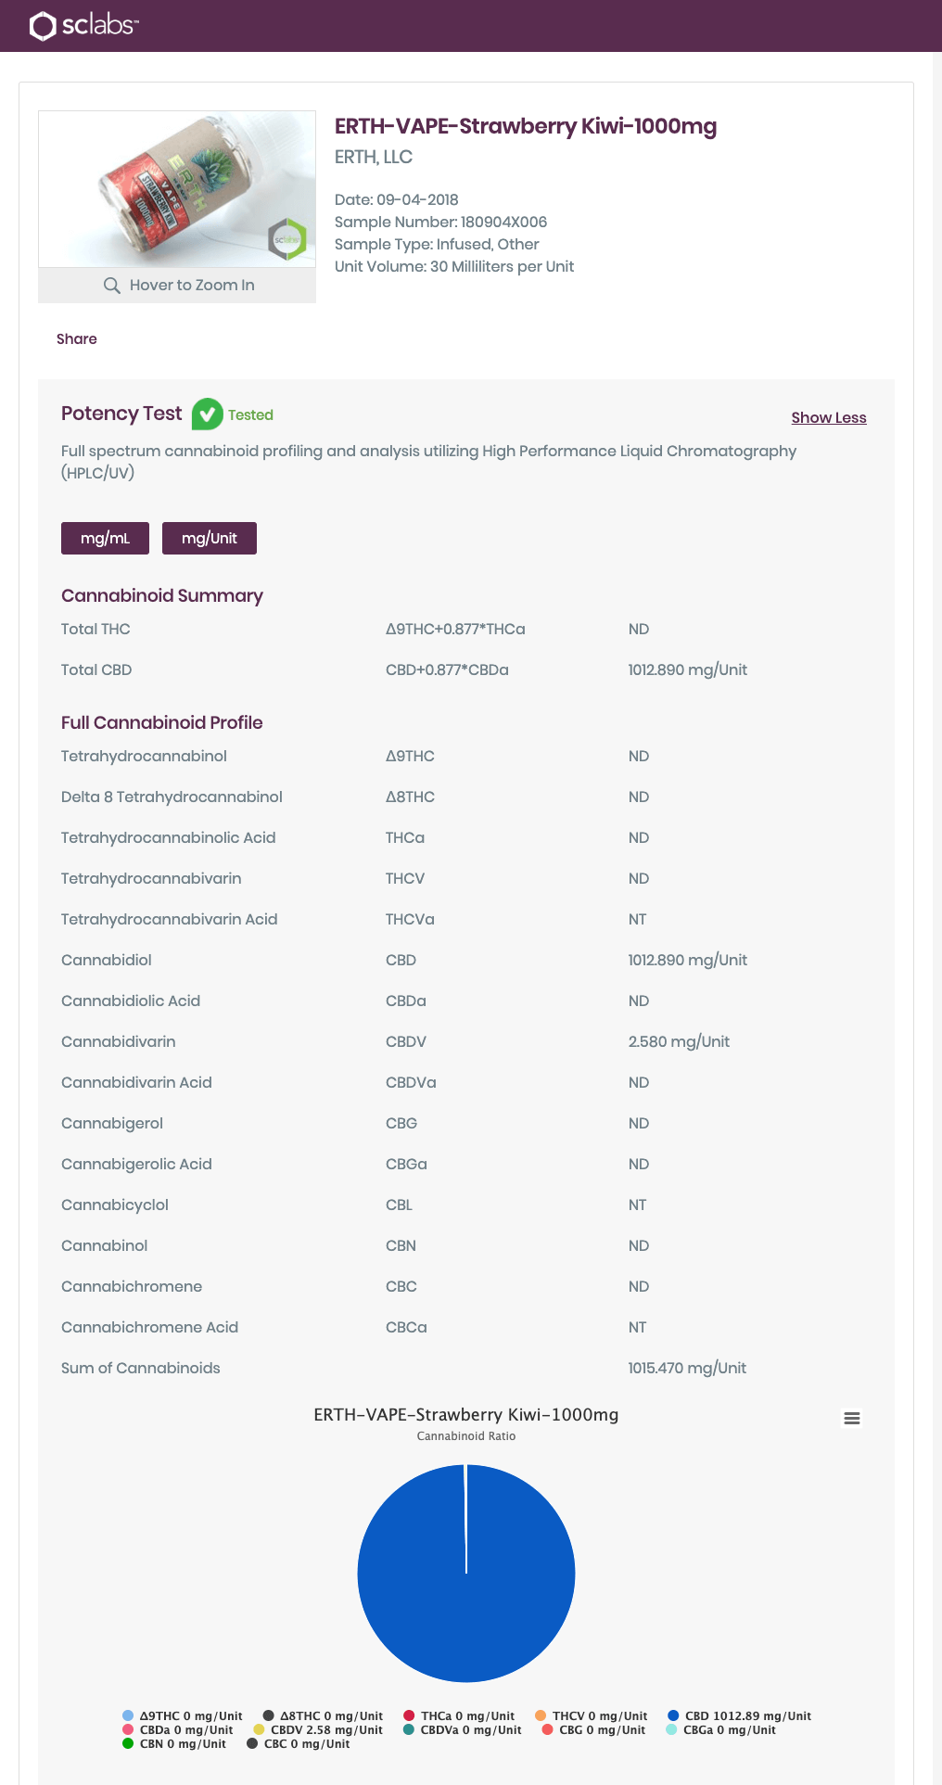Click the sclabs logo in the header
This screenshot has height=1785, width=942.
point(83,25)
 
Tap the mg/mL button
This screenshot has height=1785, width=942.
point(105,538)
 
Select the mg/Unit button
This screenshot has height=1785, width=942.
point(209,538)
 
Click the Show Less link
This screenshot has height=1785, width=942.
point(828,417)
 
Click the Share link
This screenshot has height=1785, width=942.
point(76,338)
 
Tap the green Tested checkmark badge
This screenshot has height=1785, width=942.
point(207,414)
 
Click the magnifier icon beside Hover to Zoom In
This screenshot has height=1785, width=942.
point(112,285)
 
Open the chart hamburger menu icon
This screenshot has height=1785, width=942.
point(851,1418)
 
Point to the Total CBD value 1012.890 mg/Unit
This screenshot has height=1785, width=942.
point(687,669)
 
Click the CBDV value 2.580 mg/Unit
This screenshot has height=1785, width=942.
point(679,1041)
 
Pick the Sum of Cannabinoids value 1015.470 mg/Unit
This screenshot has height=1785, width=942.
point(687,1368)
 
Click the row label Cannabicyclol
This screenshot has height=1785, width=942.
point(115,1205)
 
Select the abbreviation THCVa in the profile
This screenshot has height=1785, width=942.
point(410,919)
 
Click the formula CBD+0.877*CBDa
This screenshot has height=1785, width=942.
point(447,669)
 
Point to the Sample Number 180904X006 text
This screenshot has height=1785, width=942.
point(440,222)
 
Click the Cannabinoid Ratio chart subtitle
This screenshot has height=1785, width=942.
point(466,1435)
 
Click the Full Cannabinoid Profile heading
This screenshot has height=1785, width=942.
point(162,722)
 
